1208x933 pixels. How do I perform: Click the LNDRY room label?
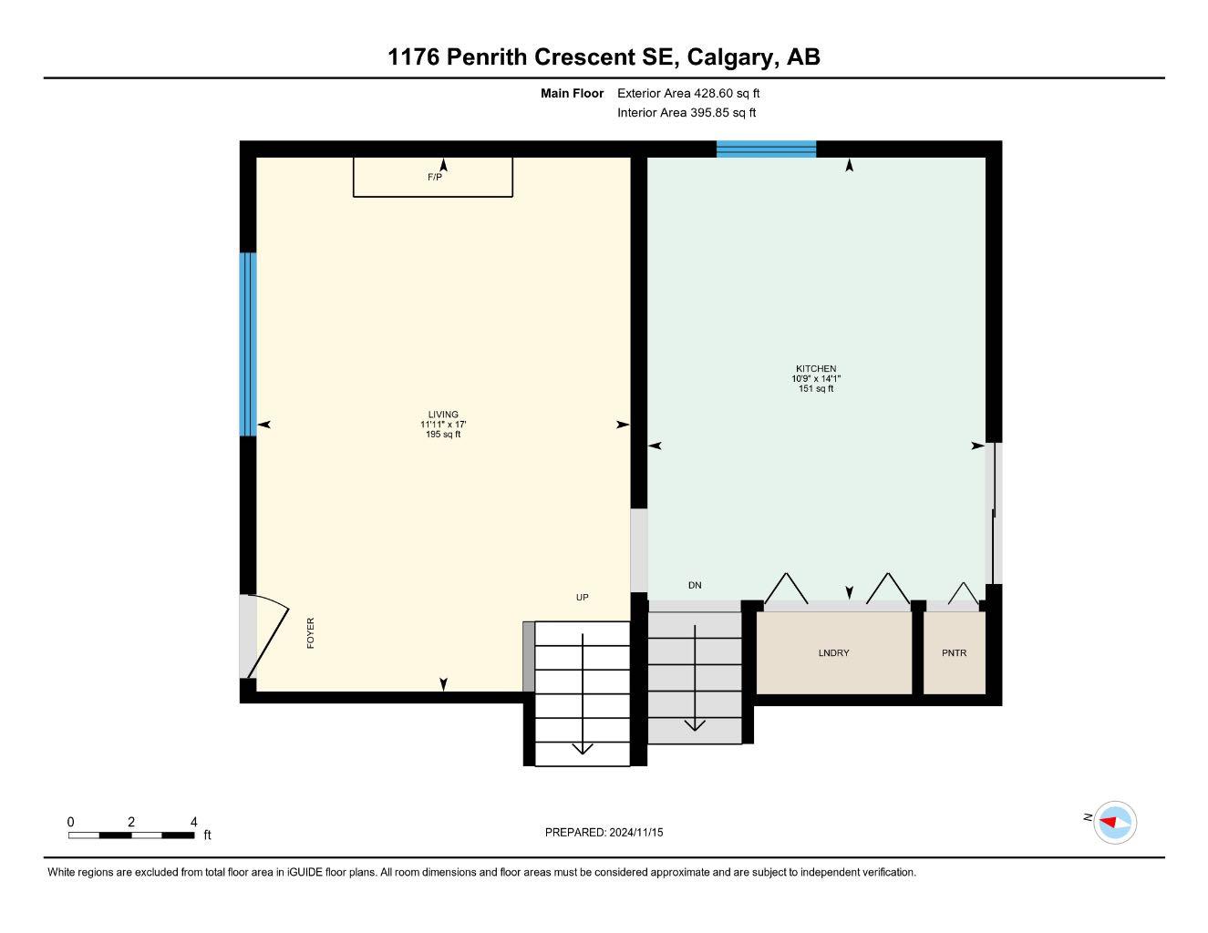(x=833, y=653)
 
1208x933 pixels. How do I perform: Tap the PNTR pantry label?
(x=954, y=653)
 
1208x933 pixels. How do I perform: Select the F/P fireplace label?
(x=435, y=178)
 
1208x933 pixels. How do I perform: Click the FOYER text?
(x=310, y=633)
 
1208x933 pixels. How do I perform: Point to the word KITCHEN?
(x=815, y=369)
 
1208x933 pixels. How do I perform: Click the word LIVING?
(x=443, y=415)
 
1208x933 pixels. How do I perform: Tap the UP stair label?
(x=582, y=598)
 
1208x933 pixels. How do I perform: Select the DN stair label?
(x=695, y=586)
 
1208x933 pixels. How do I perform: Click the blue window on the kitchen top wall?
(x=766, y=149)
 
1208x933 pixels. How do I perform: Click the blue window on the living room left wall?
(x=248, y=343)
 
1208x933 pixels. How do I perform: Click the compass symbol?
(x=1114, y=823)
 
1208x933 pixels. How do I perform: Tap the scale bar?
(x=131, y=835)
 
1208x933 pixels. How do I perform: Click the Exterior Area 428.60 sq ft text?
(x=688, y=93)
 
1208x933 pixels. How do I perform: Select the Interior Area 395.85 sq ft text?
(x=687, y=113)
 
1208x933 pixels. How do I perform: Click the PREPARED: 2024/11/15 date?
(x=604, y=832)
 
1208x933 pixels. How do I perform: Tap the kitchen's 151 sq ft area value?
(x=815, y=389)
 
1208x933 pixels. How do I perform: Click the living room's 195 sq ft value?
(x=443, y=435)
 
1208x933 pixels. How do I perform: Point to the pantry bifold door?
(x=963, y=594)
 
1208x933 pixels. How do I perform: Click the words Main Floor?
(x=572, y=93)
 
